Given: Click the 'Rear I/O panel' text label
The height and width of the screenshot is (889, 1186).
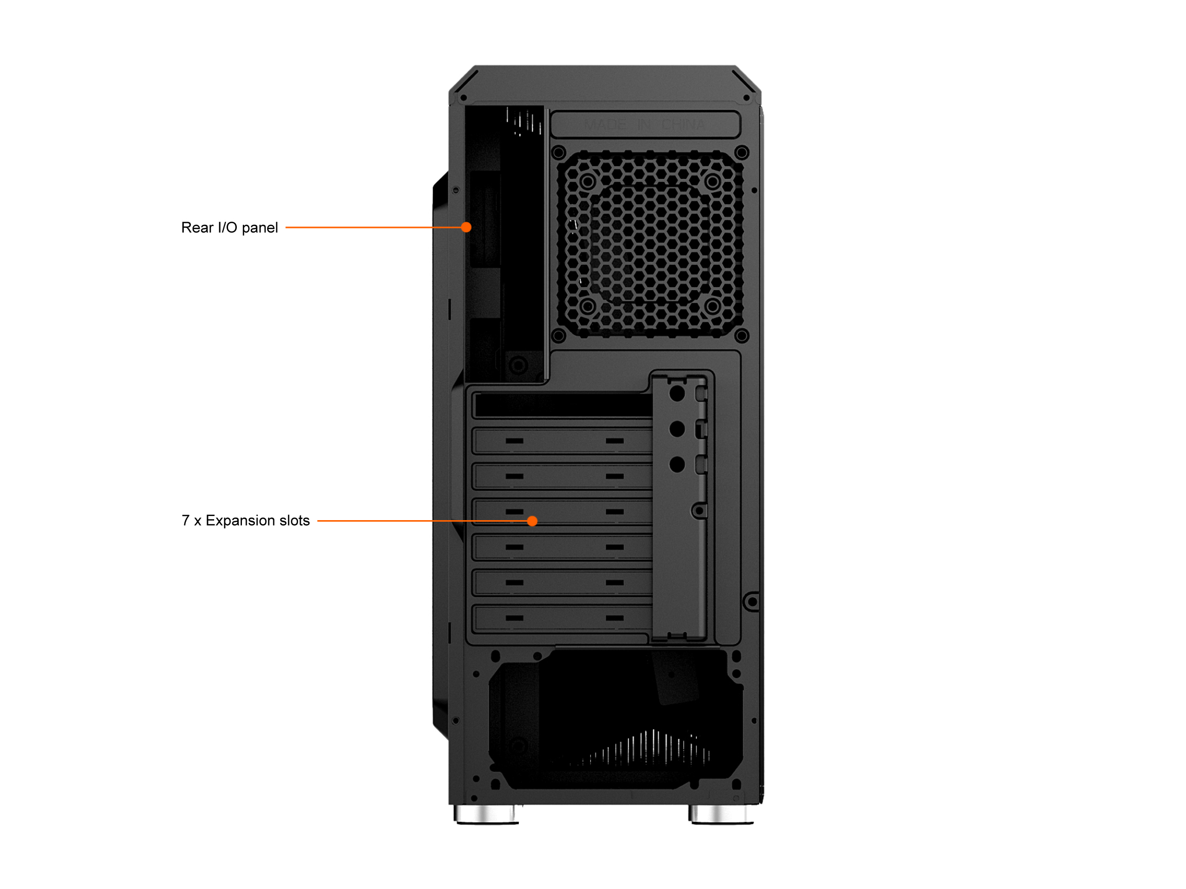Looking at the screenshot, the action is (230, 228).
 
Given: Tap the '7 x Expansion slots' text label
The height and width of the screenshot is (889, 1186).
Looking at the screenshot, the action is (246, 521).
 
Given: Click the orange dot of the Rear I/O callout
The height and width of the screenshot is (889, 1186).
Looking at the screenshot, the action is (466, 227).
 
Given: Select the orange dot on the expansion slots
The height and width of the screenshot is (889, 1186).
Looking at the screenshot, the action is (532, 521).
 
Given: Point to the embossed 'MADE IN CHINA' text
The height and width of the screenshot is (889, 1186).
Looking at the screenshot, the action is (644, 125).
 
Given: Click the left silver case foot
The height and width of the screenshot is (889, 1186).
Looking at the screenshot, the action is (486, 814).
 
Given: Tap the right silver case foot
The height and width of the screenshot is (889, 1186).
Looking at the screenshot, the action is (721, 814).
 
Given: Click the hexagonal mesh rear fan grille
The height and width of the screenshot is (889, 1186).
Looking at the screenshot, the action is (650, 244).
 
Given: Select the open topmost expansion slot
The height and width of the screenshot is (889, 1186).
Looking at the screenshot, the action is (563, 405).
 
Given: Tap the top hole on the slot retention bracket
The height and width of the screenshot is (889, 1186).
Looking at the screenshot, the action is (677, 394).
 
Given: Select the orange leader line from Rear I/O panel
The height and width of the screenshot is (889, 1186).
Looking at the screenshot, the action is (373, 227).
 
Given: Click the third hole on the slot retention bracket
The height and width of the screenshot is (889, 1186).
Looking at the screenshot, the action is (677, 464).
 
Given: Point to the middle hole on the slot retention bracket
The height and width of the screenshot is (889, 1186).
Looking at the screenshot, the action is (677, 429).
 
